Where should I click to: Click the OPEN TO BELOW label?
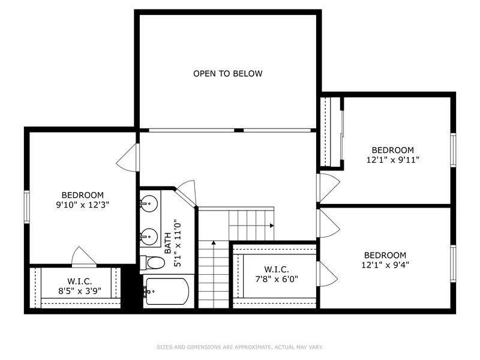tap(227, 74)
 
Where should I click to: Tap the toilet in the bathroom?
tap(154, 263)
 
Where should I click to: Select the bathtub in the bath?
tap(167, 292)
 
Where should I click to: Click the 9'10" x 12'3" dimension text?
tap(83, 205)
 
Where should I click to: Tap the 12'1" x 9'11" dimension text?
tap(392, 160)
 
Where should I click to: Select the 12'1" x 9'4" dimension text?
tap(385, 265)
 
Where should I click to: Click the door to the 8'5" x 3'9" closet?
tap(83, 256)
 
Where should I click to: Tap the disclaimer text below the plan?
tap(239, 347)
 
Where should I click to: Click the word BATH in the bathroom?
tap(169, 242)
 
